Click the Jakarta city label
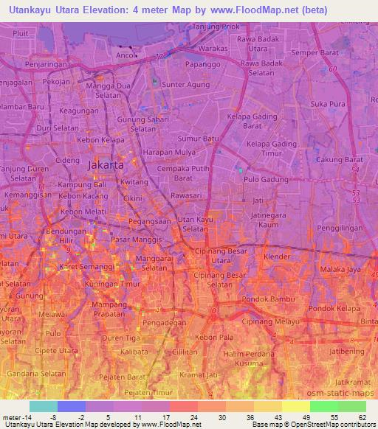pos(106,166)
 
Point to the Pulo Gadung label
pos(264,178)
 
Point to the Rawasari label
pos(186,195)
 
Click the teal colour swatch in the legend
pos(43,406)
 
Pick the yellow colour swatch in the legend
pos(295,406)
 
